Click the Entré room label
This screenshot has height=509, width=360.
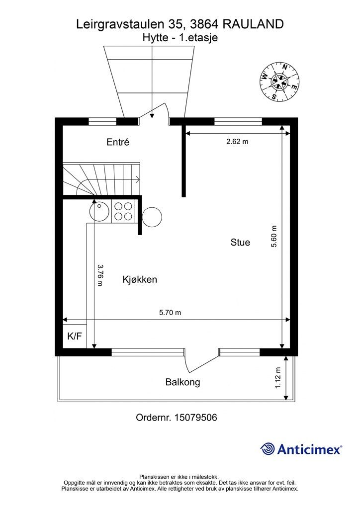[x=118, y=142]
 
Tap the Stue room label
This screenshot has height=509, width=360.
[x=240, y=243]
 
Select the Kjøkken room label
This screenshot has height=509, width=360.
[x=140, y=280]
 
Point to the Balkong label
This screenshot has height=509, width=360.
[x=182, y=382]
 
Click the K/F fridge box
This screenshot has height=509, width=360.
[x=75, y=337]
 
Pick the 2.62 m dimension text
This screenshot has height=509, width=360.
[x=237, y=141]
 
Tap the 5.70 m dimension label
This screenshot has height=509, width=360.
[x=170, y=313]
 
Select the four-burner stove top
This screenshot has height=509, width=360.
[x=123, y=211]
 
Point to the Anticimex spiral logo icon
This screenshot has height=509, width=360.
[x=268, y=449]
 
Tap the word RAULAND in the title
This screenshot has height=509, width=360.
[x=254, y=23]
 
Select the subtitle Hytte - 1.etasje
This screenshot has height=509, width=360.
[x=180, y=37]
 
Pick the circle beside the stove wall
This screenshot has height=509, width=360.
[x=152, y=216]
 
